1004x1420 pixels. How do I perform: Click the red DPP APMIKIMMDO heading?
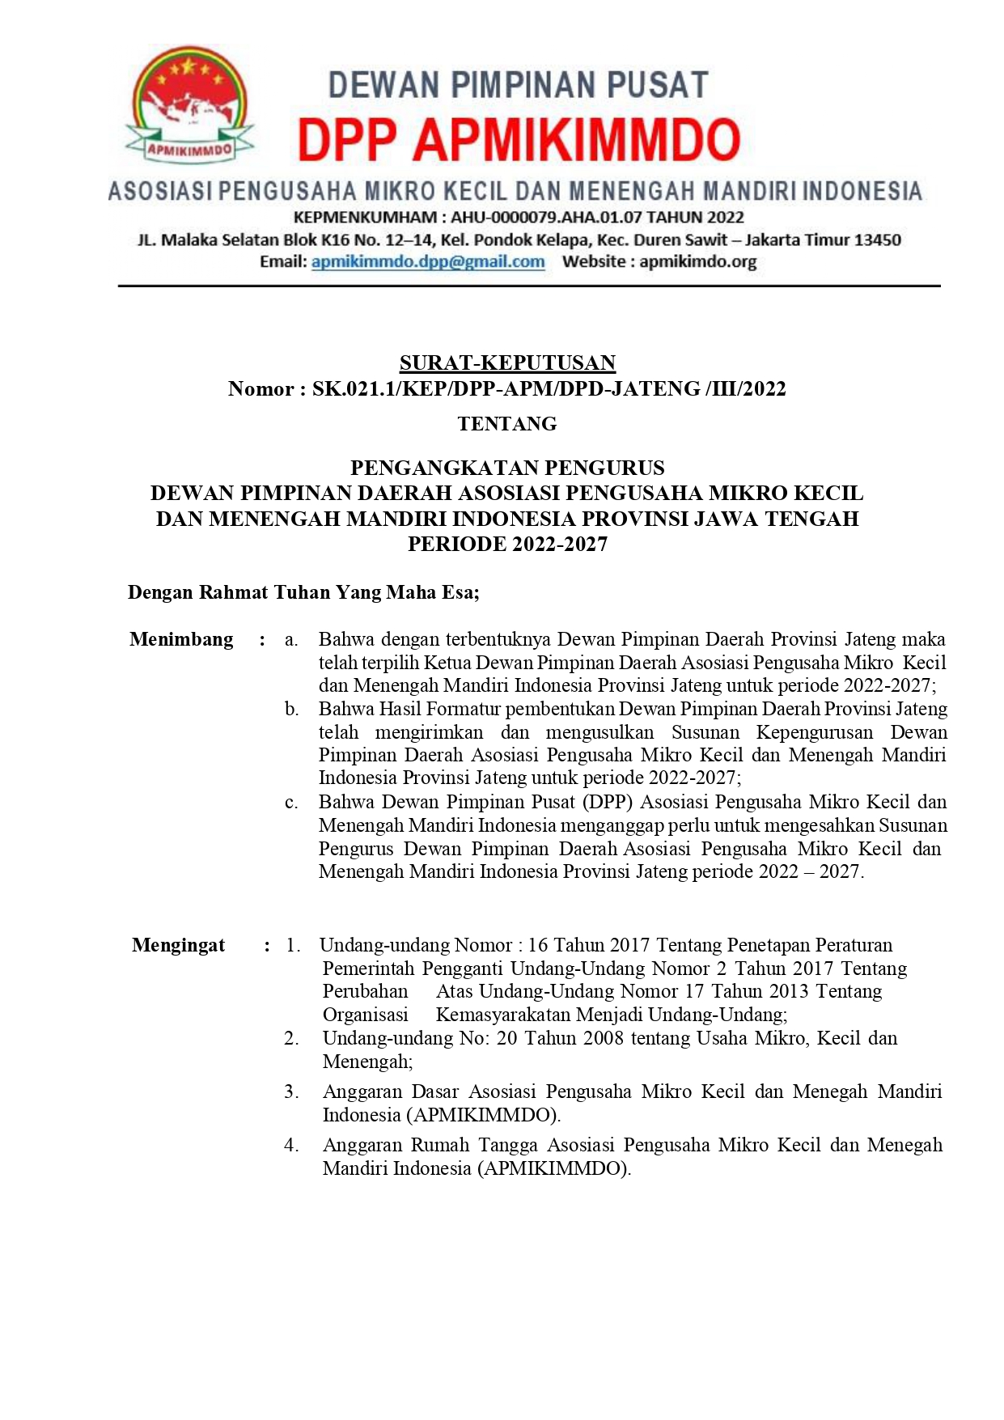pyautogui.click(x=519, y=139)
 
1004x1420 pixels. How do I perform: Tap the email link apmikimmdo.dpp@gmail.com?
pyautogui.click(x=428, y=262)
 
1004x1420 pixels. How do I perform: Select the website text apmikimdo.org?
pyautogui.click(x=698, y=262)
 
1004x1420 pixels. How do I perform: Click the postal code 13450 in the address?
pyautogui.click(x=878, y=240)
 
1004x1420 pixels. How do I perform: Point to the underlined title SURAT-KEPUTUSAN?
pyautogui.click(x=507, y=363)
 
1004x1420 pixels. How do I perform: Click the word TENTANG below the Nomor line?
pyautogui.click(x=507, y=424)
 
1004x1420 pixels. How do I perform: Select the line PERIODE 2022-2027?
pyautogui.click(x=507, y=545)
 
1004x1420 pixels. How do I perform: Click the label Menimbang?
pyautogui.click(x=181, y=640)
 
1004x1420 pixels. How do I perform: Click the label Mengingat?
pyautogui.click(x=179, y=946)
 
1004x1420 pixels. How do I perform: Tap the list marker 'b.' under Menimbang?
pyautogui.click(x=291, y=710)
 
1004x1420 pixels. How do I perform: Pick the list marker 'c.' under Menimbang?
pyautogui.click(x=291, y=803)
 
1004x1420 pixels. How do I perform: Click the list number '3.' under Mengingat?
pyautogui.click(x=291, y=1092)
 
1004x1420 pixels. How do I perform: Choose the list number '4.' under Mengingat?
pyautogui.click(x=291, y=1146)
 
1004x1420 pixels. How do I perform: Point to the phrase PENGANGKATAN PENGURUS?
pyautogui.click(x=507, y=468)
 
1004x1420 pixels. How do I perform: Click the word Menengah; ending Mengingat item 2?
pyautogui.click(x=367, y=1062)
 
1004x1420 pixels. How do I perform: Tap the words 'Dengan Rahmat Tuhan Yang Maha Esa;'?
pyautogui.click(x=303, y=593)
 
